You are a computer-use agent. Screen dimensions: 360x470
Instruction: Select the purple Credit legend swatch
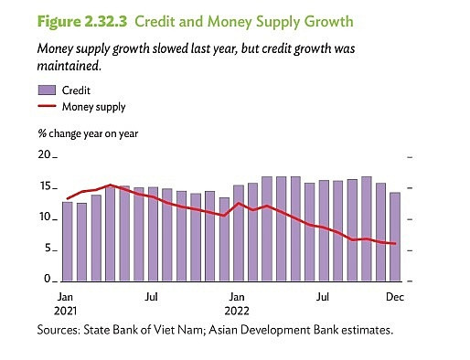pos(48,90)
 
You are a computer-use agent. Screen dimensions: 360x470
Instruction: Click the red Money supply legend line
pos(48,107)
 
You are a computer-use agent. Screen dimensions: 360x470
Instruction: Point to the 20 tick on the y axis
pos(44,156)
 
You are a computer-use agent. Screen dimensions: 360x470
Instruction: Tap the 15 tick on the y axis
pos(44,187)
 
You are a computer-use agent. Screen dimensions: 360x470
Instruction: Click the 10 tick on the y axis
pos(44,218)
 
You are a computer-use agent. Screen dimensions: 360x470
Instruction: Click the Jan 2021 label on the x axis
pos(66,304)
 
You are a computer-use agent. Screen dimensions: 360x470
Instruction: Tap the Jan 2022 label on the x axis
pos(236,304)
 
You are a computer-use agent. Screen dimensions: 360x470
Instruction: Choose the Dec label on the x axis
pos(394,297)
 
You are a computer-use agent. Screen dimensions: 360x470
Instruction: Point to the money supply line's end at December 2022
pos(395,244)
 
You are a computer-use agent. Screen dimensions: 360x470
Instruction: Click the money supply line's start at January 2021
pos(67,198)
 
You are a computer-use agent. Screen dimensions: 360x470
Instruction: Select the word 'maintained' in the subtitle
pos(70,67)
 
